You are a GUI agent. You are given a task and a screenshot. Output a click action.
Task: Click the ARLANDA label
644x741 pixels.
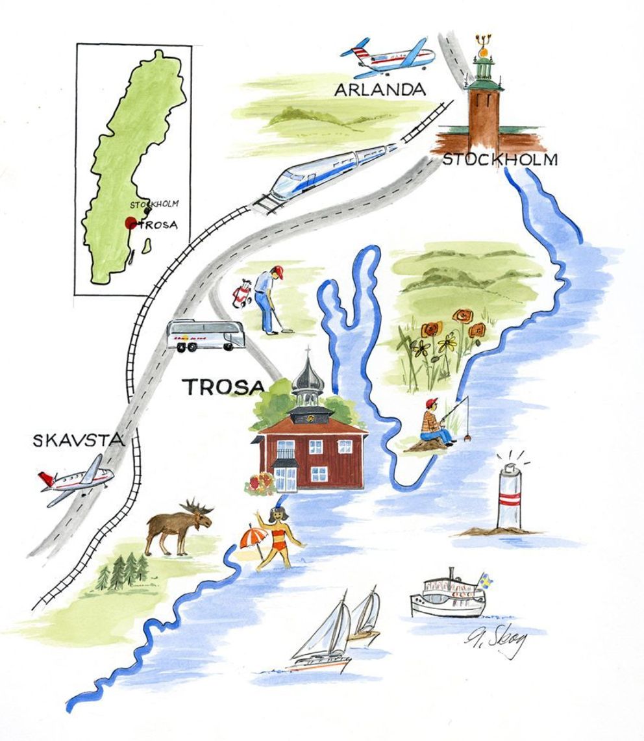pyautogui.click(x=380, y=90)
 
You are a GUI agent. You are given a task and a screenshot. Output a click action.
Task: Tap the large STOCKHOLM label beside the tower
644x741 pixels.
pyautogui.click(x=499, y=160)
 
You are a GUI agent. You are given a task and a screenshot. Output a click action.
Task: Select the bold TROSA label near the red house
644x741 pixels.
pyautogui.click(x=224, y=387)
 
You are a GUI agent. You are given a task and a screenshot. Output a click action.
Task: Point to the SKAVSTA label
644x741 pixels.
pyautogui.click(x=78, y=441)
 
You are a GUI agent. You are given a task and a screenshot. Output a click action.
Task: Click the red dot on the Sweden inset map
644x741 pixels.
pyautogui.click(x=130, y=223)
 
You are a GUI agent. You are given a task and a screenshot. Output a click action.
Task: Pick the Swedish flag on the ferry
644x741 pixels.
pyautogui.click(x=485, y=579)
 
